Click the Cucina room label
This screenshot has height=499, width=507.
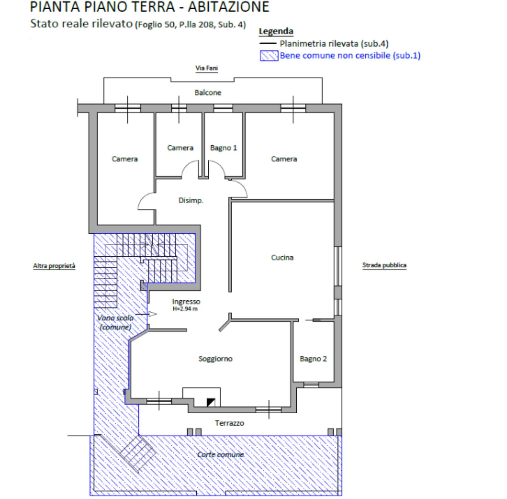tap(282, 257)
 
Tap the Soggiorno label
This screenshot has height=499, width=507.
tap(215, 359)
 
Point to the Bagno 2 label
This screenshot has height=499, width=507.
tap(313, 359)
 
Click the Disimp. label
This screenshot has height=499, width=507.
tap(191, 201)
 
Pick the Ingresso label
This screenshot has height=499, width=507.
tap(186, 302)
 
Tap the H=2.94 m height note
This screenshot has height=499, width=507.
tap(185, 309)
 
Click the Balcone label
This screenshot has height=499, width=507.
tap(208, 92)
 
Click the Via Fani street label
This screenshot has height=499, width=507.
tap(206, 68)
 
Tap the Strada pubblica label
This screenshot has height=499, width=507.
tap(384, 265)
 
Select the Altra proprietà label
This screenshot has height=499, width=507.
tap(54, 266)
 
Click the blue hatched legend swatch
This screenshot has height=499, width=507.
tap(269, 56)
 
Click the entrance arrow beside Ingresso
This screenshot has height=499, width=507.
tap(146, 314)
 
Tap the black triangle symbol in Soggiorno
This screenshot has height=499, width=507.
tap(211, 402)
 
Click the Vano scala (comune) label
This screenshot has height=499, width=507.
tap(115, 322)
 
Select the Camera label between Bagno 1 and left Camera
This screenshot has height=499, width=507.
tap(180, 148)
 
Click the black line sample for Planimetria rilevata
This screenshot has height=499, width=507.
tap(268, 44)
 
